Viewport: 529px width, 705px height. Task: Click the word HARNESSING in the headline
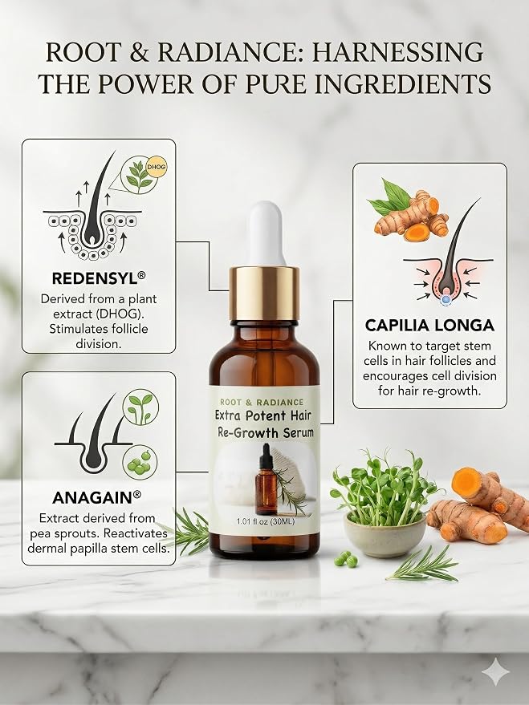(x=397, y=52)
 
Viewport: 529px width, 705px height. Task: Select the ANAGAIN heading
(x=96, y=498)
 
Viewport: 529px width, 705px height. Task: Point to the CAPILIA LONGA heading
(x=429, y=325)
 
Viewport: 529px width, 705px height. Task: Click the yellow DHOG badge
(x=156, y=167)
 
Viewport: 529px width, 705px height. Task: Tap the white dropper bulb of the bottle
(x=267, y=234)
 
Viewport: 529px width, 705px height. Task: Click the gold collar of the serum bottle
(x=264, y=293)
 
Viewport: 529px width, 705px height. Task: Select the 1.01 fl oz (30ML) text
(x=266, y=521)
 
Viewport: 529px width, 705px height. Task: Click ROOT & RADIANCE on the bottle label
(x=262, y=402)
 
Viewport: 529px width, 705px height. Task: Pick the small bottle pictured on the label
(x=267, y=480)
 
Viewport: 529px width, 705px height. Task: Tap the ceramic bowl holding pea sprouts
(x=385, y=535)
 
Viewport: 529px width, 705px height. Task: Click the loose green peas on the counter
(x=345, y=559)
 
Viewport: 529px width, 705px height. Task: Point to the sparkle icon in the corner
(x=496, y=672)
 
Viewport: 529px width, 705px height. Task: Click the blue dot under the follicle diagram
(x=446, y=299)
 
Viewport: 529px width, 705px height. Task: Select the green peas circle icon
(x=140, y=463)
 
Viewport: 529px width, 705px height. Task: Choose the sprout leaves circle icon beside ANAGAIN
(x=140, y=407)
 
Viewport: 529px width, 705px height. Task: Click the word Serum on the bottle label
(x=299, y=432)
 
